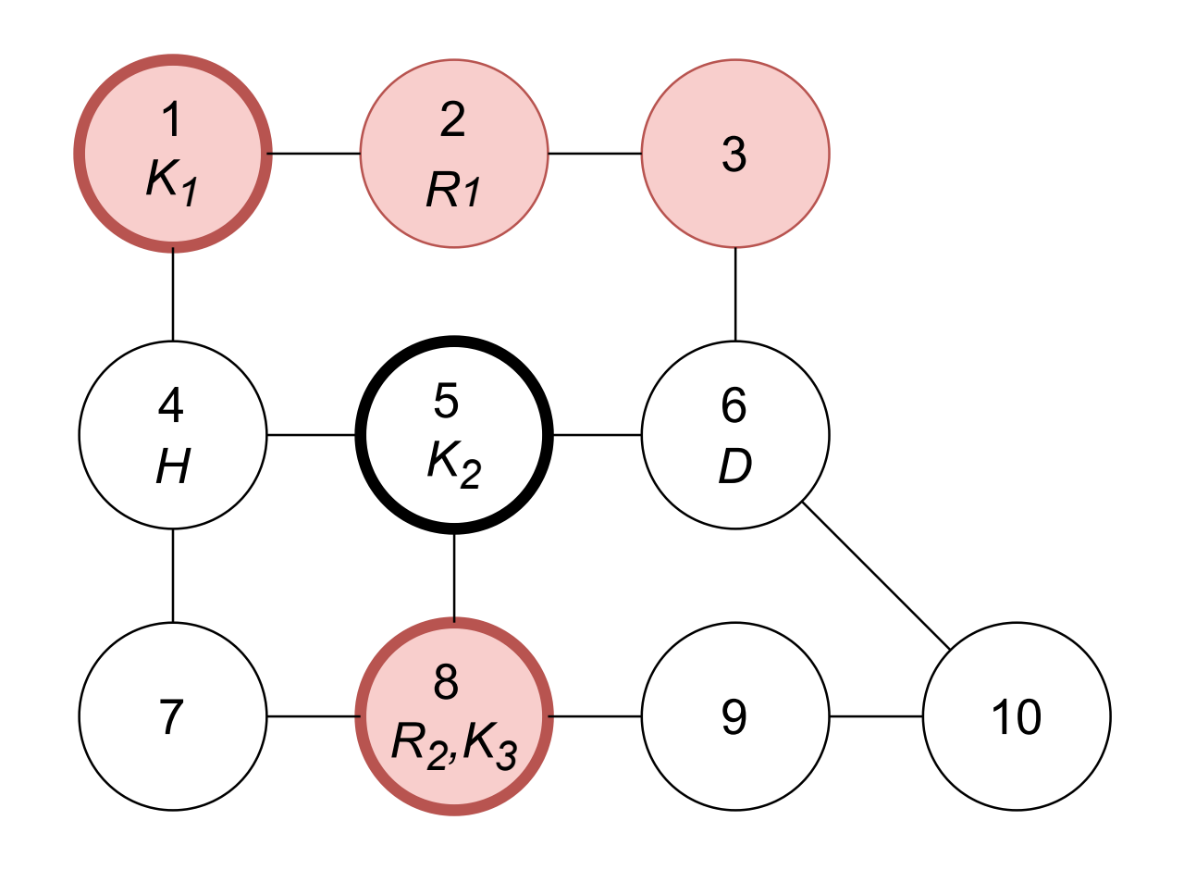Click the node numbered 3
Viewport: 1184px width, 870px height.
click(x=735, y=154)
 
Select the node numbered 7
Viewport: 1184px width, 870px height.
click(x=173, y=716)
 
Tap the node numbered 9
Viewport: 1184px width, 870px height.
click(x=735, y=716)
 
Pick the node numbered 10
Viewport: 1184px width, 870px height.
click(x=1017, y=716)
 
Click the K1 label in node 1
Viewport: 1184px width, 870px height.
click(x=172, y=182)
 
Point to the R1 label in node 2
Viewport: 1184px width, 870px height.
click(x=453, y=190)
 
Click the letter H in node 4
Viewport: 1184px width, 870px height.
click(x=173, y=466)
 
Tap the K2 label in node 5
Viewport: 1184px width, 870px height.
click(x=454, y=465)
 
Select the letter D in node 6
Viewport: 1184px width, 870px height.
click(x=735, y=466)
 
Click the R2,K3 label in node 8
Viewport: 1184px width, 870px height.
click(x=454, y=746)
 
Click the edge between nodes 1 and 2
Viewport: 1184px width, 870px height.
click(x=314, y=154)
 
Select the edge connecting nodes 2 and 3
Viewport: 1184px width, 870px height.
click(x=595, y=154)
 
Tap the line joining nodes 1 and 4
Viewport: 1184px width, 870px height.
click(x=173, y=294)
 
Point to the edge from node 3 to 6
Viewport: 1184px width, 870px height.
click(x=735, y=294)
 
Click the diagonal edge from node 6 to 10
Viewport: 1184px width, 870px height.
click(x=876, y=576)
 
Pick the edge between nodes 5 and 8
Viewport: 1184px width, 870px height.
click(x=454, y=578)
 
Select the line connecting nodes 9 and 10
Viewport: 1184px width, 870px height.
click(x=876, y=716)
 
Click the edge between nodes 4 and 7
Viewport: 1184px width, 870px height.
click(x=173, y=576)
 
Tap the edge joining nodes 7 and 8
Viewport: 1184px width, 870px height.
click(x=314, y=716)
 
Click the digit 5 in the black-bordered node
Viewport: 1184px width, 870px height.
click(x=446, y=401)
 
